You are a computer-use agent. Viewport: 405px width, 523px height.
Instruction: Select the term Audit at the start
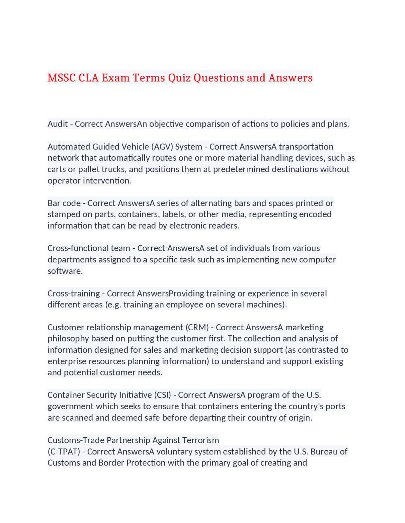coord(58,124)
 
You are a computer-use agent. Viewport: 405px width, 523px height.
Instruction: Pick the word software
coord(65,271)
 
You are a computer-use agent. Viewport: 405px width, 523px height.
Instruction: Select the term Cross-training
coord(73,293)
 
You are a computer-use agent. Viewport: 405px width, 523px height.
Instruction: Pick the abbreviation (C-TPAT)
coord(64,452)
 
